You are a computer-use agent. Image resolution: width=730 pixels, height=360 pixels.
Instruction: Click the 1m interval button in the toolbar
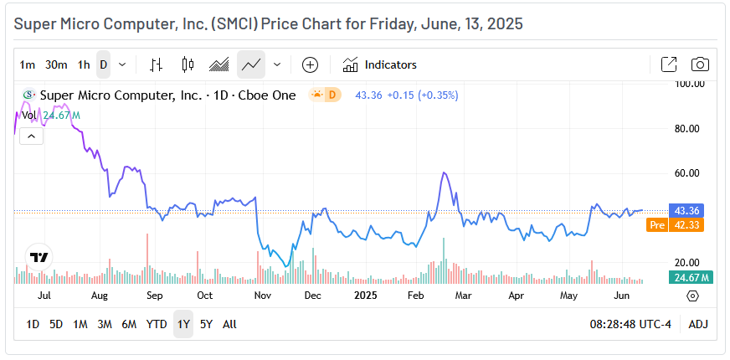[28, 64]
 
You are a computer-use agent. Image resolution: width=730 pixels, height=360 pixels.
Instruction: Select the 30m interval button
[56, 64]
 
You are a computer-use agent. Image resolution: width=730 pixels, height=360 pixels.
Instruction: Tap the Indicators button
[380, 64]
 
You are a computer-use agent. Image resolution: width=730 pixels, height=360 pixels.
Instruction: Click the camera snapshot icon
[700, 64]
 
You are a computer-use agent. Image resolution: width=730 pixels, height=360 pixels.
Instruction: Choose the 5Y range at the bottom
[206, 324]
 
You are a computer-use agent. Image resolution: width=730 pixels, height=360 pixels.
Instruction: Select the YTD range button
[157, 324]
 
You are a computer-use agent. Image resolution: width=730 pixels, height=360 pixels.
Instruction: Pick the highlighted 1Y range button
[182, 324]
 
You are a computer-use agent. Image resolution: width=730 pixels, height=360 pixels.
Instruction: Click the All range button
[229, 324]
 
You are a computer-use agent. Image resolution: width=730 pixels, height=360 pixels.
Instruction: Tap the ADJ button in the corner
[698, 324]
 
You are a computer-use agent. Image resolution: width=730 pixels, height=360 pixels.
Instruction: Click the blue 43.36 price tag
[691, 210]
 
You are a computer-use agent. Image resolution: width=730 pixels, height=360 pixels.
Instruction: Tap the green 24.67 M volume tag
[691, 277]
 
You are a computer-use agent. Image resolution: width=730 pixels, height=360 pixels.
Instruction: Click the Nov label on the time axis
[263, 296]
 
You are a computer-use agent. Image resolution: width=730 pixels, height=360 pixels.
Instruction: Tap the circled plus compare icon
[310, 64]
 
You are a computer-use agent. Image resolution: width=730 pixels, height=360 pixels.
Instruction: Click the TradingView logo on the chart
[38, 258]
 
